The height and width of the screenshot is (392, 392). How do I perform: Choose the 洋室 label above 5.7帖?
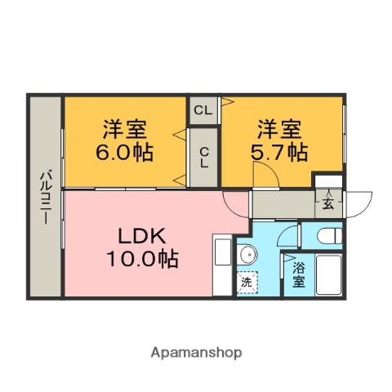pyautogui.click(x=279, y=128)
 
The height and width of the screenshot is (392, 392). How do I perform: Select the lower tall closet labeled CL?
pyautogui.click(x=203, y=158)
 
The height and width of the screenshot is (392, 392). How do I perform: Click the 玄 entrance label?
pyautogui.click(x=327, y=203)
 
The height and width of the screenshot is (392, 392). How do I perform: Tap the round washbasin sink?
pyautogui.click(x=247, y=256)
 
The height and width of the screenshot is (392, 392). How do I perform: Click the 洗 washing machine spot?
pyautogui.click(x=247, y=283)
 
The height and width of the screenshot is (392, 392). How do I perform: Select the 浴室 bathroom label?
pyautogui.click(x=298, y=274)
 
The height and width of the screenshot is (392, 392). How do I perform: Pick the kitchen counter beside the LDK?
pyautogui.click(x=222, y=265)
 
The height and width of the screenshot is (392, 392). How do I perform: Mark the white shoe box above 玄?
pyautogui.click(x=327, y=181)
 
